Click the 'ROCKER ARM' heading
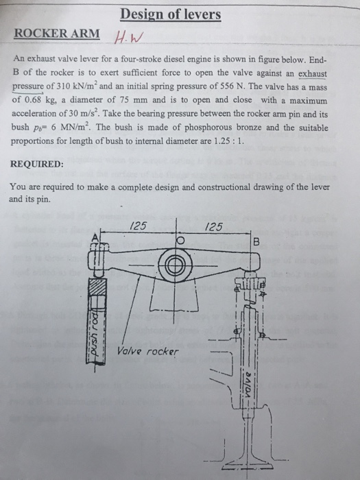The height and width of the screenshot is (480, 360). click(x=57, y=34)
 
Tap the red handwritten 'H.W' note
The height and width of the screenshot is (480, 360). click(x=132, y=37)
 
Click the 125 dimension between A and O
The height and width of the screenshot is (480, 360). click(x=136, y=226)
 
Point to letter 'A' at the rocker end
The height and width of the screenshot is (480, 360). click(x=95, y=237)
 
